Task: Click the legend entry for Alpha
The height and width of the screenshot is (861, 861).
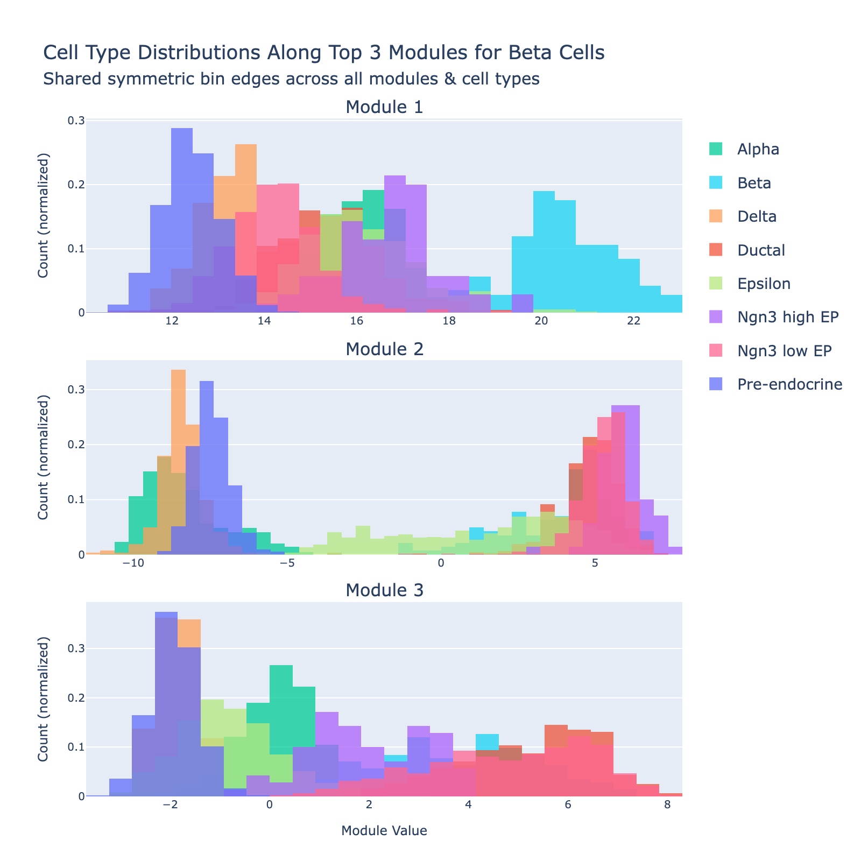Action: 758,149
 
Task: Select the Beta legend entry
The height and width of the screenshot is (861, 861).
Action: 753,183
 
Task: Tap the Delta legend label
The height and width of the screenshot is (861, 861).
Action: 757,216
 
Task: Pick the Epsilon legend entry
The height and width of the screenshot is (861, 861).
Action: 764,284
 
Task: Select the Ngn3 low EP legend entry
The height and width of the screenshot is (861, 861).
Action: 785,351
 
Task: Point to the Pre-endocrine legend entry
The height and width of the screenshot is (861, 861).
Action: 789,384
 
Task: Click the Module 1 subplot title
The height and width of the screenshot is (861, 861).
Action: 384,107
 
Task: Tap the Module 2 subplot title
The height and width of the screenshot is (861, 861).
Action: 384,349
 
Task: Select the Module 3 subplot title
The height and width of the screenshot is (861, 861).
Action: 384,590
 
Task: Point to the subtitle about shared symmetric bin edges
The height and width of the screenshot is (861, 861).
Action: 291,79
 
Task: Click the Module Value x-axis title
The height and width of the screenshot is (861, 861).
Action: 384,831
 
